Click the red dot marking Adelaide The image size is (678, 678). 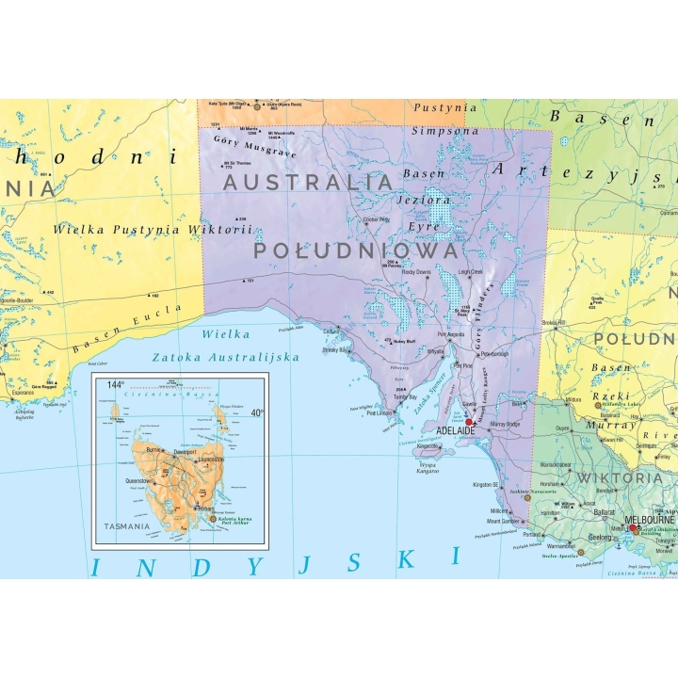coord(468,423)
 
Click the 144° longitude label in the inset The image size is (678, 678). coord(115,384)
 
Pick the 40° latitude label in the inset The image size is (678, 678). coord(257,412)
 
